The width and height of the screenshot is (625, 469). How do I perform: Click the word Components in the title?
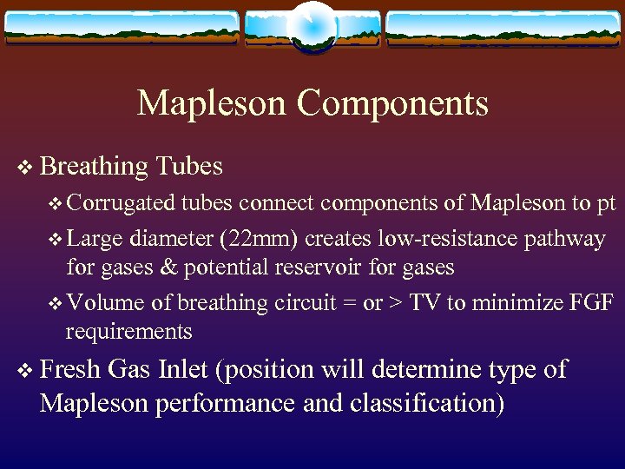pos(392,103)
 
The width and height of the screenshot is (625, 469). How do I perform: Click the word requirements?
pos(129,332)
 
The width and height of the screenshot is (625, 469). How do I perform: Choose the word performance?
pos(227,404)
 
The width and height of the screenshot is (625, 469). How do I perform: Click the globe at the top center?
pos(312,25)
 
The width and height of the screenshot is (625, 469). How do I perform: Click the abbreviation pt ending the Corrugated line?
pos(605,205)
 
